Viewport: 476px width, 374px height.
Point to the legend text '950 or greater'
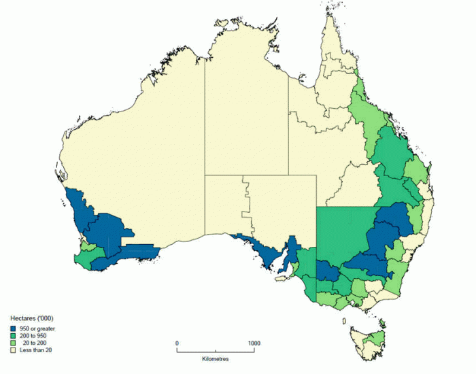pyautogui.click(x=37, y=328)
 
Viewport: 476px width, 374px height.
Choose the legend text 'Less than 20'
pyautogui.click(x=35, y=351)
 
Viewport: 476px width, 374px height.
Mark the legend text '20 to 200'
pyautogui.click(x=37, y=343)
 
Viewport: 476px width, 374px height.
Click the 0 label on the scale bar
pyautogui.click(x=177, y=343)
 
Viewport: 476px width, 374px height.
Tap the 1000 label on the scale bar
pyautogui.click(x=254, y=343)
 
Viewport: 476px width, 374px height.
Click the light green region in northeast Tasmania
pyautogui.click(x=373, y=335)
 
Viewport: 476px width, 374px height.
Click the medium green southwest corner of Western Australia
pyautogui.click(x=84, y=259)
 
